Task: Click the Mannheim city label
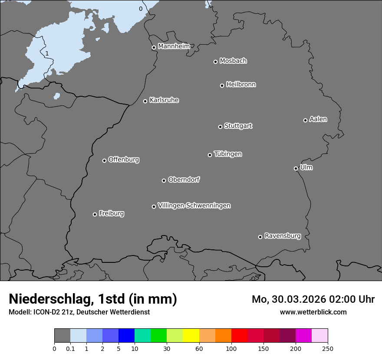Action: [174, 46]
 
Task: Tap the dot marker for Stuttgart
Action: [220, 127]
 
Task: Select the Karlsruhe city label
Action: [164, 100]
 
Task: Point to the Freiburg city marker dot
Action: [95, 214]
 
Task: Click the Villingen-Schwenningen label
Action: [194, 206]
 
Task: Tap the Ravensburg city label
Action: [283, 236]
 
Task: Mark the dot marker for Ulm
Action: [296, 168]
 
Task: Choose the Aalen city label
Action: [318, 119]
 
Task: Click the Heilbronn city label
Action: [241, 85]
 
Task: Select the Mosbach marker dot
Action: [215, 62]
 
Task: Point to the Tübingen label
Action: [228, 154]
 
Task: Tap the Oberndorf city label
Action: [184, 180]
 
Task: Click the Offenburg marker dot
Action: [104, 160]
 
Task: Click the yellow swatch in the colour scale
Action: [191, 336]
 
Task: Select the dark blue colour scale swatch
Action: [126, 336]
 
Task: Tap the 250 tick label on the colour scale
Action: [328, 348]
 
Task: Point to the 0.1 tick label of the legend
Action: [70, 348]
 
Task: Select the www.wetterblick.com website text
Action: [313, 312]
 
